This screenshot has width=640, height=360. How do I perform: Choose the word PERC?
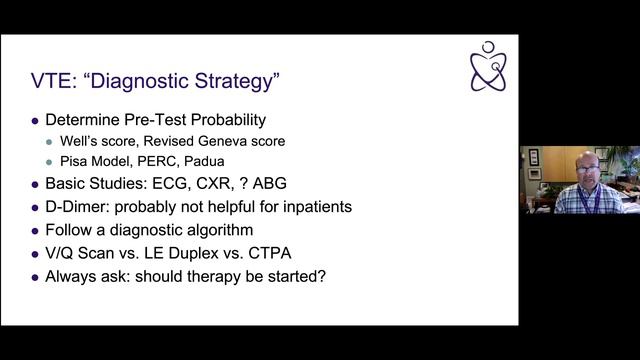(161, 161)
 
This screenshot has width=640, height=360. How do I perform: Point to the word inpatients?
(316, 207)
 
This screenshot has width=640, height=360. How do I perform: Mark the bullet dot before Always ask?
(36, 277)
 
